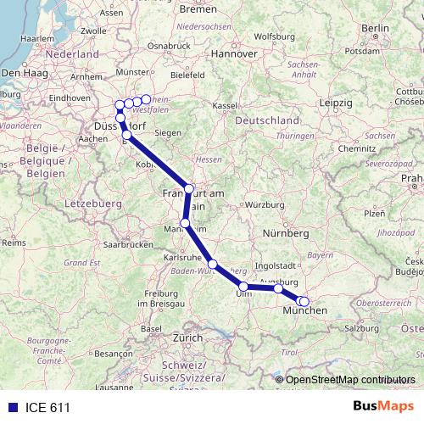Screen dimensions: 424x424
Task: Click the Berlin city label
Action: (374, 28)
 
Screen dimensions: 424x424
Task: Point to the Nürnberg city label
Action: (284, 232)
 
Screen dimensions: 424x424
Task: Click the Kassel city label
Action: (224, 105)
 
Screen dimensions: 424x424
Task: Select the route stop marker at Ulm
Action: (243, 286)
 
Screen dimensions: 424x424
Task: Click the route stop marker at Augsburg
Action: (278, 289)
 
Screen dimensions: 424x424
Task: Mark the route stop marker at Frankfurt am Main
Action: (189, 188)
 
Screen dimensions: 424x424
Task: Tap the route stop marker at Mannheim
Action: (185, 224)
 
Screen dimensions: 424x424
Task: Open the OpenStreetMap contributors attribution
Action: (350, 379)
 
